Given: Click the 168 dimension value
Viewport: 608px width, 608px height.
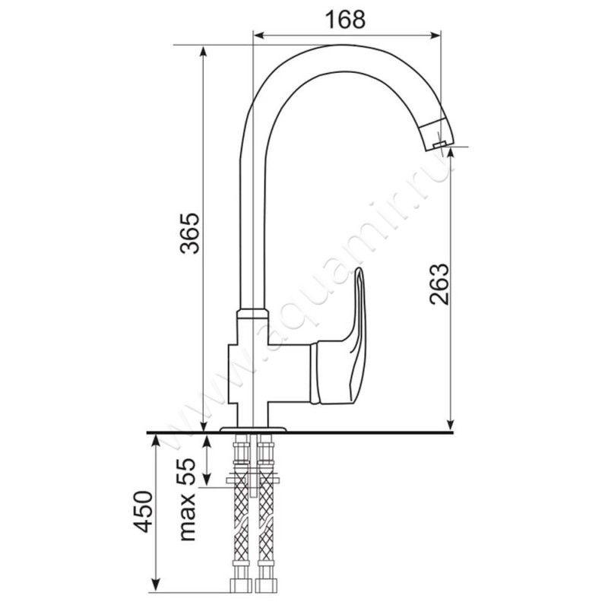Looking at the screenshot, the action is tap(345, 20).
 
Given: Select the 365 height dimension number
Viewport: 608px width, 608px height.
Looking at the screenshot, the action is tap(189, 233).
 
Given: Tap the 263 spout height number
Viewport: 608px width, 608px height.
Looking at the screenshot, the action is tap(439, 284).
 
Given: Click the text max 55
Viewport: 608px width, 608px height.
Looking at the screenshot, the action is tap(187, 499).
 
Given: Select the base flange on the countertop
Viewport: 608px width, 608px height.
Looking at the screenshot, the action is tap(253, 429).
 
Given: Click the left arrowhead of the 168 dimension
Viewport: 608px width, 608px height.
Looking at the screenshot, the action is tap(258, 36).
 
